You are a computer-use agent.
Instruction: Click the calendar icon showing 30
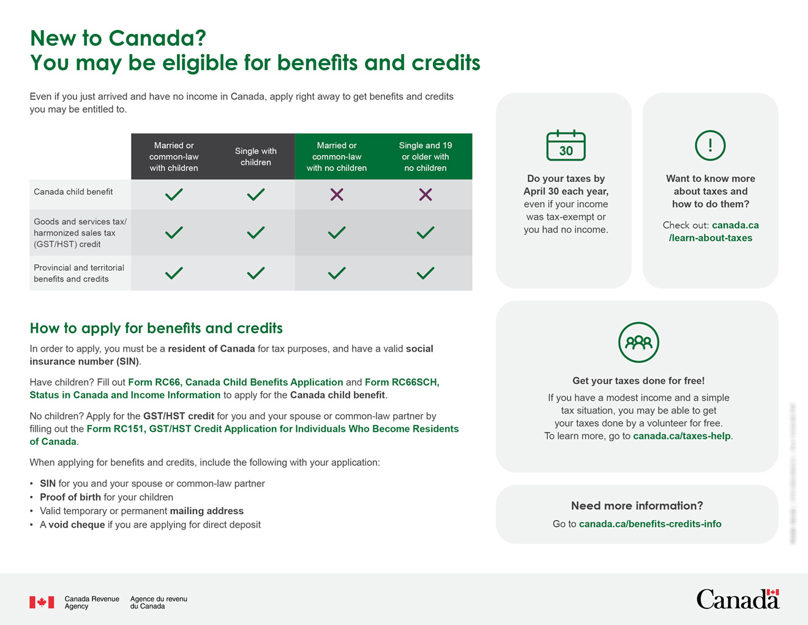click(566, 145)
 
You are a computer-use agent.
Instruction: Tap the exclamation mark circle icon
click(710, 145)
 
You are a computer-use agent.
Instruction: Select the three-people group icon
click(638, 342)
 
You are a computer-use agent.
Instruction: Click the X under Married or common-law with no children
click(337, 195)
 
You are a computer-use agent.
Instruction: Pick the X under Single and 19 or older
click(425, 195)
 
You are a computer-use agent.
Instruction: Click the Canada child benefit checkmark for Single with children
click(256, 195)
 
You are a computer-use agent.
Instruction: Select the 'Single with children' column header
click(256, 156)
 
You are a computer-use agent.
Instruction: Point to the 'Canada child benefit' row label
click(73, 192)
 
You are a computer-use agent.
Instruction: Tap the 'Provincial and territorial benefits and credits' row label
click(79, 273)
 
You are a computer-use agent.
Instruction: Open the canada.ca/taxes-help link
click(681, 436)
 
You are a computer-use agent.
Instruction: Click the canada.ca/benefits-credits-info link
click(650, 524)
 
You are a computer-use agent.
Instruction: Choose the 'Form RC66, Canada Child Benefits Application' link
click(235, 382)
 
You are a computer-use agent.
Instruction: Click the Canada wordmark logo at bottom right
click(738, 599)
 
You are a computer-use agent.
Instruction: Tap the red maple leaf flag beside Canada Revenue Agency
click(42, 602)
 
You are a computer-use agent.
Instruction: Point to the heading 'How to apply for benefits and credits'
click(156, 328)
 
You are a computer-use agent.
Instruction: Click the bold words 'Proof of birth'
click(70, 497)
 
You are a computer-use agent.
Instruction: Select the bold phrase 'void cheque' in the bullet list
click(77, 525)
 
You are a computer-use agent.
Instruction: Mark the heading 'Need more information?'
click(637, 506)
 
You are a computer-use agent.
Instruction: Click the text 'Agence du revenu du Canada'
click(159, 602)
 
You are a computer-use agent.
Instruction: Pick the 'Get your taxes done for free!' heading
click(638, 381)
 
